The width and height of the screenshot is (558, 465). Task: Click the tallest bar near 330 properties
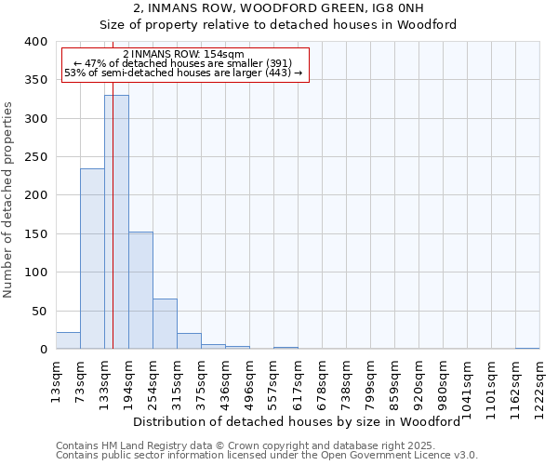116,222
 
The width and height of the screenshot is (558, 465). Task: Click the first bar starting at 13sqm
68,340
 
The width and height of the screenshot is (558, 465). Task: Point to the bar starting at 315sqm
189,341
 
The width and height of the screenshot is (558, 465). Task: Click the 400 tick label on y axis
35,42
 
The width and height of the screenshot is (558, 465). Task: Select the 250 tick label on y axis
35,157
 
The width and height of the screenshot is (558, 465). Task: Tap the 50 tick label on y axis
39,311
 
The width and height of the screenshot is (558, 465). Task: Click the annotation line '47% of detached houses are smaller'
183,63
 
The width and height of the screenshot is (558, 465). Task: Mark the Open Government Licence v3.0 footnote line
267,456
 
